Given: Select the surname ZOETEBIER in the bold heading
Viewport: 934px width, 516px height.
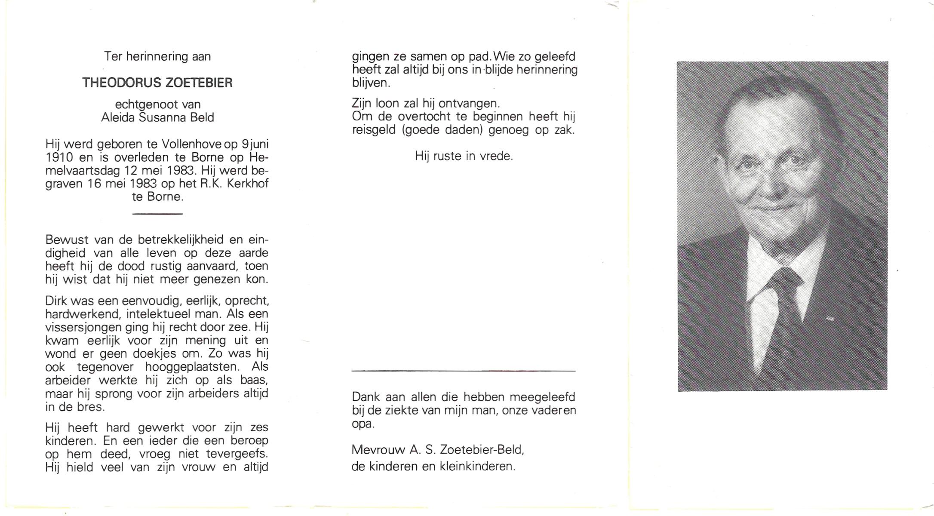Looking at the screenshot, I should (199, 83).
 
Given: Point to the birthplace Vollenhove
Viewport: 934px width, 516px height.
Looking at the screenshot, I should (192, 144).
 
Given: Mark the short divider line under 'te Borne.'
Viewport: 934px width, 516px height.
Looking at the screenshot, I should (157, 213).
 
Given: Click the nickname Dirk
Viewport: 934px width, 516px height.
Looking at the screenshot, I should (55, 301).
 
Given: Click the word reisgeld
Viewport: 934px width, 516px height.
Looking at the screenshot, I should (373, 130).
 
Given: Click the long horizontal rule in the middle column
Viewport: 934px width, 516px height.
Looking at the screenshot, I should (463, 370).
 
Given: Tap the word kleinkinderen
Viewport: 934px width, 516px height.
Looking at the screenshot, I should (477, 466).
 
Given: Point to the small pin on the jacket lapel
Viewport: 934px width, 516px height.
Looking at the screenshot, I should (830, 319).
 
